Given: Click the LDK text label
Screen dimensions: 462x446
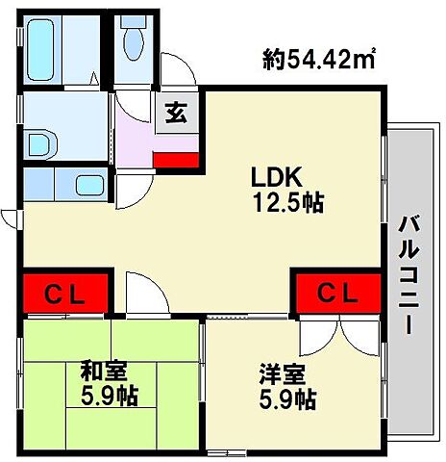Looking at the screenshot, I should [x=278, y=177].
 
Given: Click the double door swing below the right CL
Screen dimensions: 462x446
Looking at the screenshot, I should [x=339, y=335].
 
